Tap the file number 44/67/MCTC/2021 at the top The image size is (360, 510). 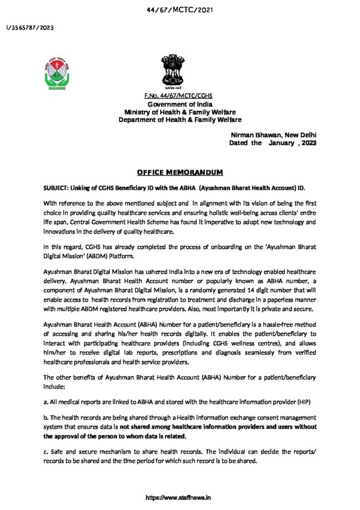tap(179, 10)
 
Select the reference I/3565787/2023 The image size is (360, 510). tap(30, 28)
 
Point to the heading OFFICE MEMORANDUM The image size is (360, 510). tap(179, 172)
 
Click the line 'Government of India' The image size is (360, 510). tap(179, 105)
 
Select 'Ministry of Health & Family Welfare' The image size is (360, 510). tap(179, 112)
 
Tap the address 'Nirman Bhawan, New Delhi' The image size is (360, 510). tap(274, 135)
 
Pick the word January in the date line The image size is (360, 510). tap(284, 142)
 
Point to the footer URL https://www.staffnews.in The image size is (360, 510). tap(179, 498)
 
